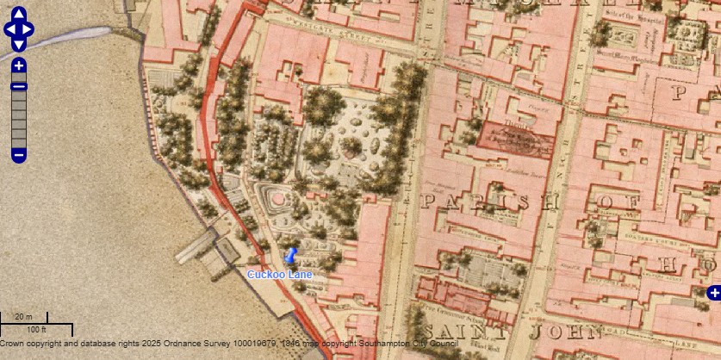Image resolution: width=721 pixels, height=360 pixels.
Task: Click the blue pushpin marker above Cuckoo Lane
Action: tap(290, 257)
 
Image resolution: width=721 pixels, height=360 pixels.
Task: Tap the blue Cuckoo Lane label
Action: tap(279, 274)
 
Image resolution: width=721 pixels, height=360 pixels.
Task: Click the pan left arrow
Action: tap(9, 30)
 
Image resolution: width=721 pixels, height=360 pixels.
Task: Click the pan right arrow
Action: tap(29, 30)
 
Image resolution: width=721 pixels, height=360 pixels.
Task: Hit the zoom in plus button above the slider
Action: tap(19, 65)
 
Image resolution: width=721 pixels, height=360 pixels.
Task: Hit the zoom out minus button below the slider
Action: tap(19, 155)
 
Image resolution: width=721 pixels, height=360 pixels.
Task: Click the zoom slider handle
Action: tap(19, 85)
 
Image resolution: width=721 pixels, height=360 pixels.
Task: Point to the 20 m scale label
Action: tap(23, 317)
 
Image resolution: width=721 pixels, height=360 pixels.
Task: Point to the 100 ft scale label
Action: tap(36, 330)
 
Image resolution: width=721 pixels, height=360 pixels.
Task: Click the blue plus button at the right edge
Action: tap(713, 294)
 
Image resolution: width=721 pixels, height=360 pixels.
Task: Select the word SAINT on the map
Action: tap(457, 332)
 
